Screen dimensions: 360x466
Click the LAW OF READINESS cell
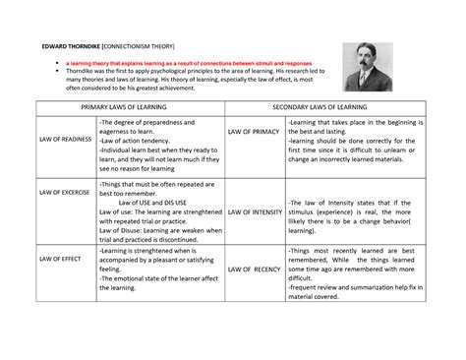(65, 139)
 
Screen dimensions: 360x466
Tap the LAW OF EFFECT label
(59, 258)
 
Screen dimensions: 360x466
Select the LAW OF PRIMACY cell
(254, 130)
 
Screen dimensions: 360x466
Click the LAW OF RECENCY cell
(254, 269)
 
